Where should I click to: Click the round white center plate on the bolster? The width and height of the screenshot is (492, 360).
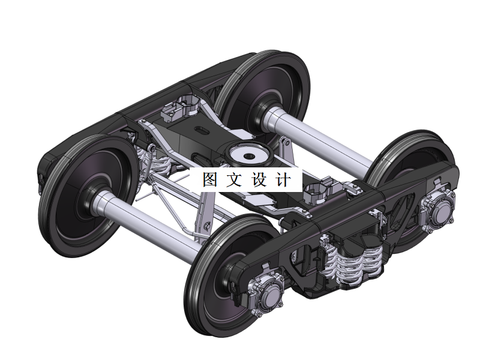pos(247,155)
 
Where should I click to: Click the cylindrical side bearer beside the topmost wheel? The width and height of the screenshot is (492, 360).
pos(186,106)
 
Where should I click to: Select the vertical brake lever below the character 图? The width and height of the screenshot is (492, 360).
pos(203,216)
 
